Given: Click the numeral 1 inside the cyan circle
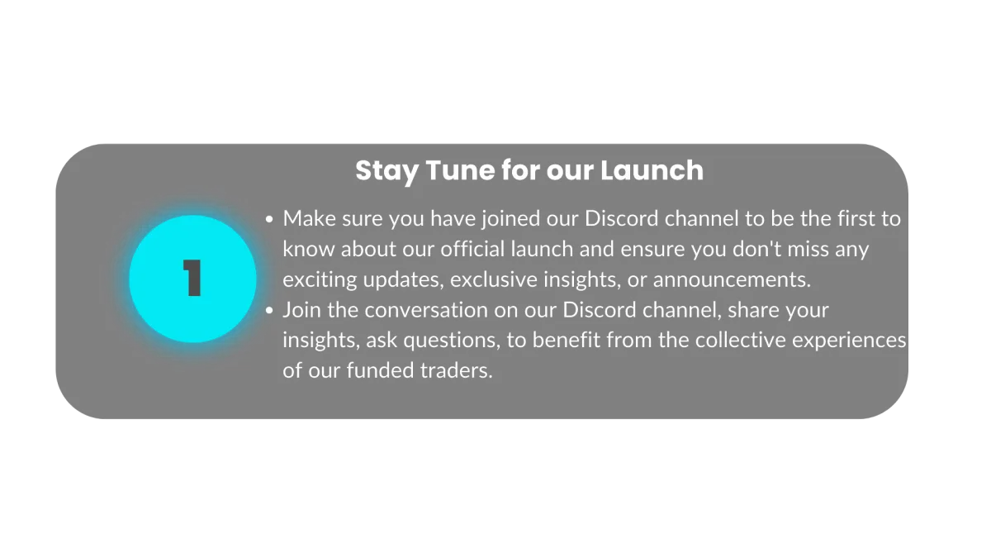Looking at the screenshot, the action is pos(192,278).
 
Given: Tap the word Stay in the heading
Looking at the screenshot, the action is pos(387,171).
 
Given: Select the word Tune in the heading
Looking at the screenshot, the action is pos(460,170).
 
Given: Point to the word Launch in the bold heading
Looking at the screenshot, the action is pos(652,170).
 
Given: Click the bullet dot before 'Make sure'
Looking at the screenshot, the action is pos(269,219).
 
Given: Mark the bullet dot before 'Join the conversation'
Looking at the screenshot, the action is pos(269,310).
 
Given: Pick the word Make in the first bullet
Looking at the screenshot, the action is pos(309,219).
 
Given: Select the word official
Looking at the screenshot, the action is pos(472,249).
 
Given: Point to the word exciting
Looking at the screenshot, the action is pos(320,280).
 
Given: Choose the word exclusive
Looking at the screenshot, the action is pos(493,279).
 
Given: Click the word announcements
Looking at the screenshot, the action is pos(732,279).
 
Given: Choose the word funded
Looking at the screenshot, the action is pos(380,370).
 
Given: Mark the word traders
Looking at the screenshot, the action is pos(456,370).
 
